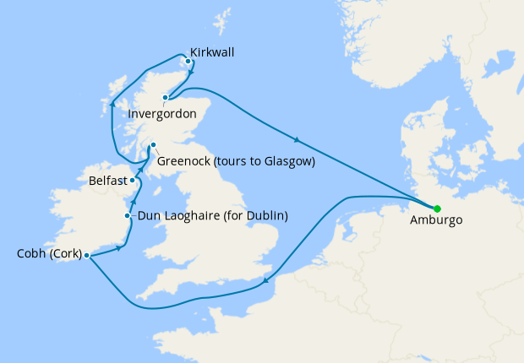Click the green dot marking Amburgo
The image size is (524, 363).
point(437,209)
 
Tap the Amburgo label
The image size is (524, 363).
point(436,221)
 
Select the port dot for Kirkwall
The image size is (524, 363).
point(188,61)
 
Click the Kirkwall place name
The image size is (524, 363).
point(212,52)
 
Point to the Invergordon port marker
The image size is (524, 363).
point(166,97)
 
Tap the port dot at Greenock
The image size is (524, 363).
point(153,145)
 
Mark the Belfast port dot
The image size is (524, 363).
point(132,180)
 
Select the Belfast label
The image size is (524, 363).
point(107,181)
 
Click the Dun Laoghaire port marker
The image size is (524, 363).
point(128,216)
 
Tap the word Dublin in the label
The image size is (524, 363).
point(265,216)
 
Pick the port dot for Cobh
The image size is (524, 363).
point(87,254)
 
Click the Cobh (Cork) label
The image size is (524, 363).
point(48,253)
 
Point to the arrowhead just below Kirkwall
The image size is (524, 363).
point(194,73)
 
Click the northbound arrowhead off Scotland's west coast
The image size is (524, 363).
point(113,106)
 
